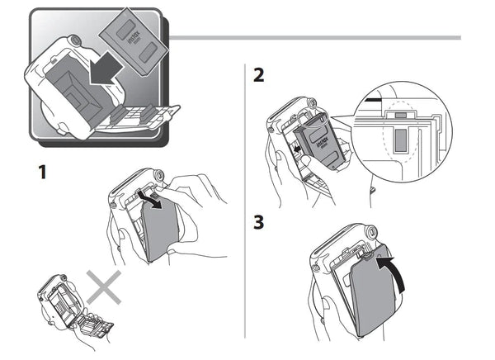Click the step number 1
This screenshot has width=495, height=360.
point(37,174)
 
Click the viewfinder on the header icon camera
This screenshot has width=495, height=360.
point(74,39)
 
